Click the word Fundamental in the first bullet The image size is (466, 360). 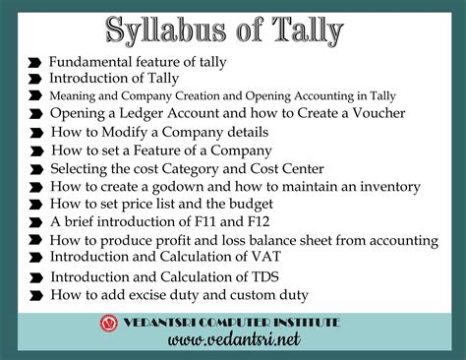tap(92, 61)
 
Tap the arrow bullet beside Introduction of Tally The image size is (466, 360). tap(35, 79)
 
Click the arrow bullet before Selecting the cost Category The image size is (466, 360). tap(35, 168)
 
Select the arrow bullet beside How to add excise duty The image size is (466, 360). tap(35, 294)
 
